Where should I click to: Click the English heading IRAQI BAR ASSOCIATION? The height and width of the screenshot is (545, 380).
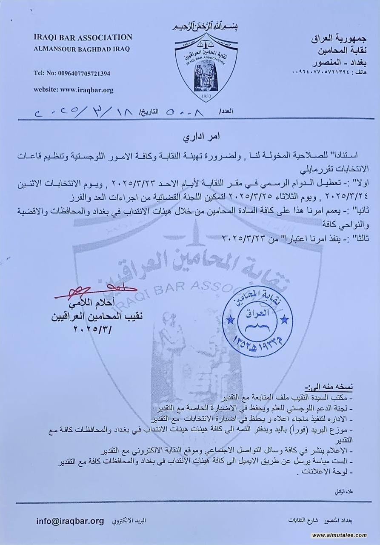(x=83, y=37)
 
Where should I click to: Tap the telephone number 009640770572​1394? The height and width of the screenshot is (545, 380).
(x=72, y=73)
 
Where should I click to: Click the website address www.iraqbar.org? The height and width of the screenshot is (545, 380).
(x=73, y=90)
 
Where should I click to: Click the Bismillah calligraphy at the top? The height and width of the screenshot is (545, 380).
(x=206, y=27)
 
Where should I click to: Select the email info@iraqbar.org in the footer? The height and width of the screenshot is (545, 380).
(x=70, y=521)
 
